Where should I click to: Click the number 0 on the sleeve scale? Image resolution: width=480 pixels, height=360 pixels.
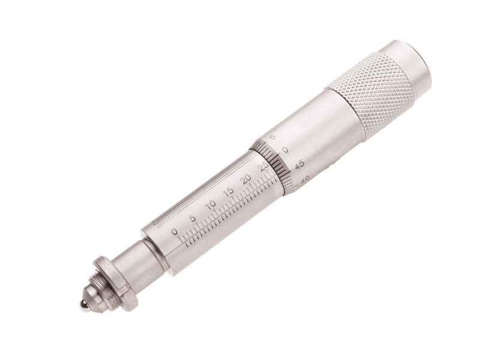[x=175, y=232]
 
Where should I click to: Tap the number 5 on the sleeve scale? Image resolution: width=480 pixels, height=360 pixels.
[x=193, y=218]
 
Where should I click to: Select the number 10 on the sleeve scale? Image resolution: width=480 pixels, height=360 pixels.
[x=210, y=205]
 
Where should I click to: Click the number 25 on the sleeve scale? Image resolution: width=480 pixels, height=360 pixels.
[x=262, y=167]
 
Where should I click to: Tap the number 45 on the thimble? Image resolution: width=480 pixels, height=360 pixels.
[x=300, y=163]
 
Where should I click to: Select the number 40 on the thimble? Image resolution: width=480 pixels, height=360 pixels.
[x=305, y=178]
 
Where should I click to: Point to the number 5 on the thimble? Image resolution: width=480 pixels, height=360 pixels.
[x=273, y=137]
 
